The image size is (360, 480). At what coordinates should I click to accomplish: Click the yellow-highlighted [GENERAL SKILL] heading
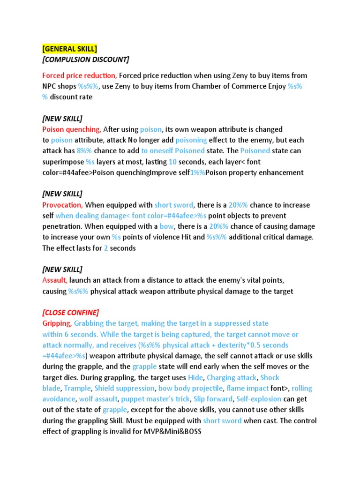70,49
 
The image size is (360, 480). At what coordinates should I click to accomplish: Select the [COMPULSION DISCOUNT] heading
86,60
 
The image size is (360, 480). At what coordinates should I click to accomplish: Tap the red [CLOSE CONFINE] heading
71,313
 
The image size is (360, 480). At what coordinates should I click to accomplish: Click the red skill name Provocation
62,205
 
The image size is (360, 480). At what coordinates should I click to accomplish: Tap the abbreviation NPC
51,86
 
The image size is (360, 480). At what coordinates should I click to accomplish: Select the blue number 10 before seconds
173,162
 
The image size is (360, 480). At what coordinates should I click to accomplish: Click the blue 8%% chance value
84,151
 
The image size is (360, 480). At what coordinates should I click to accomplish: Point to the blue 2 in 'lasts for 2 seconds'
106,248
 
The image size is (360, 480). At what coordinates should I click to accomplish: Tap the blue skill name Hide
195,377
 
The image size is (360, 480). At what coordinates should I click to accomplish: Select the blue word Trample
77,388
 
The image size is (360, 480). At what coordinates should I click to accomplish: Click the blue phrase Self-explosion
259,399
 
